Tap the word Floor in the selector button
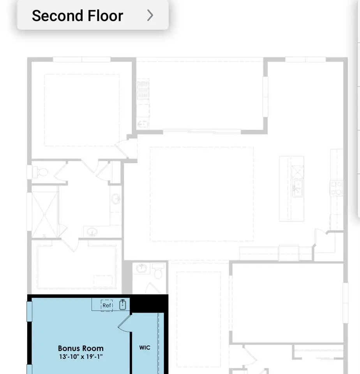[106, 16]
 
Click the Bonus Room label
[81, 348]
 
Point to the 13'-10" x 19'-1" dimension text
[81, 357]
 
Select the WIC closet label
[145, 348]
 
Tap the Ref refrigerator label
[107, 305]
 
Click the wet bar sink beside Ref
[122, 305]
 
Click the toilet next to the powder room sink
[158, 271]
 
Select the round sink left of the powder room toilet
[142, 268]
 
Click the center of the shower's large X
[45, 215]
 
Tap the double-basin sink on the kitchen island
[298, 188]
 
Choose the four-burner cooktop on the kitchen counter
[336, 188]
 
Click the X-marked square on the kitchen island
[297, 172]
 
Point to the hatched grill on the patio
[143, 90]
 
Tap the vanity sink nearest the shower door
[92, 232]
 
